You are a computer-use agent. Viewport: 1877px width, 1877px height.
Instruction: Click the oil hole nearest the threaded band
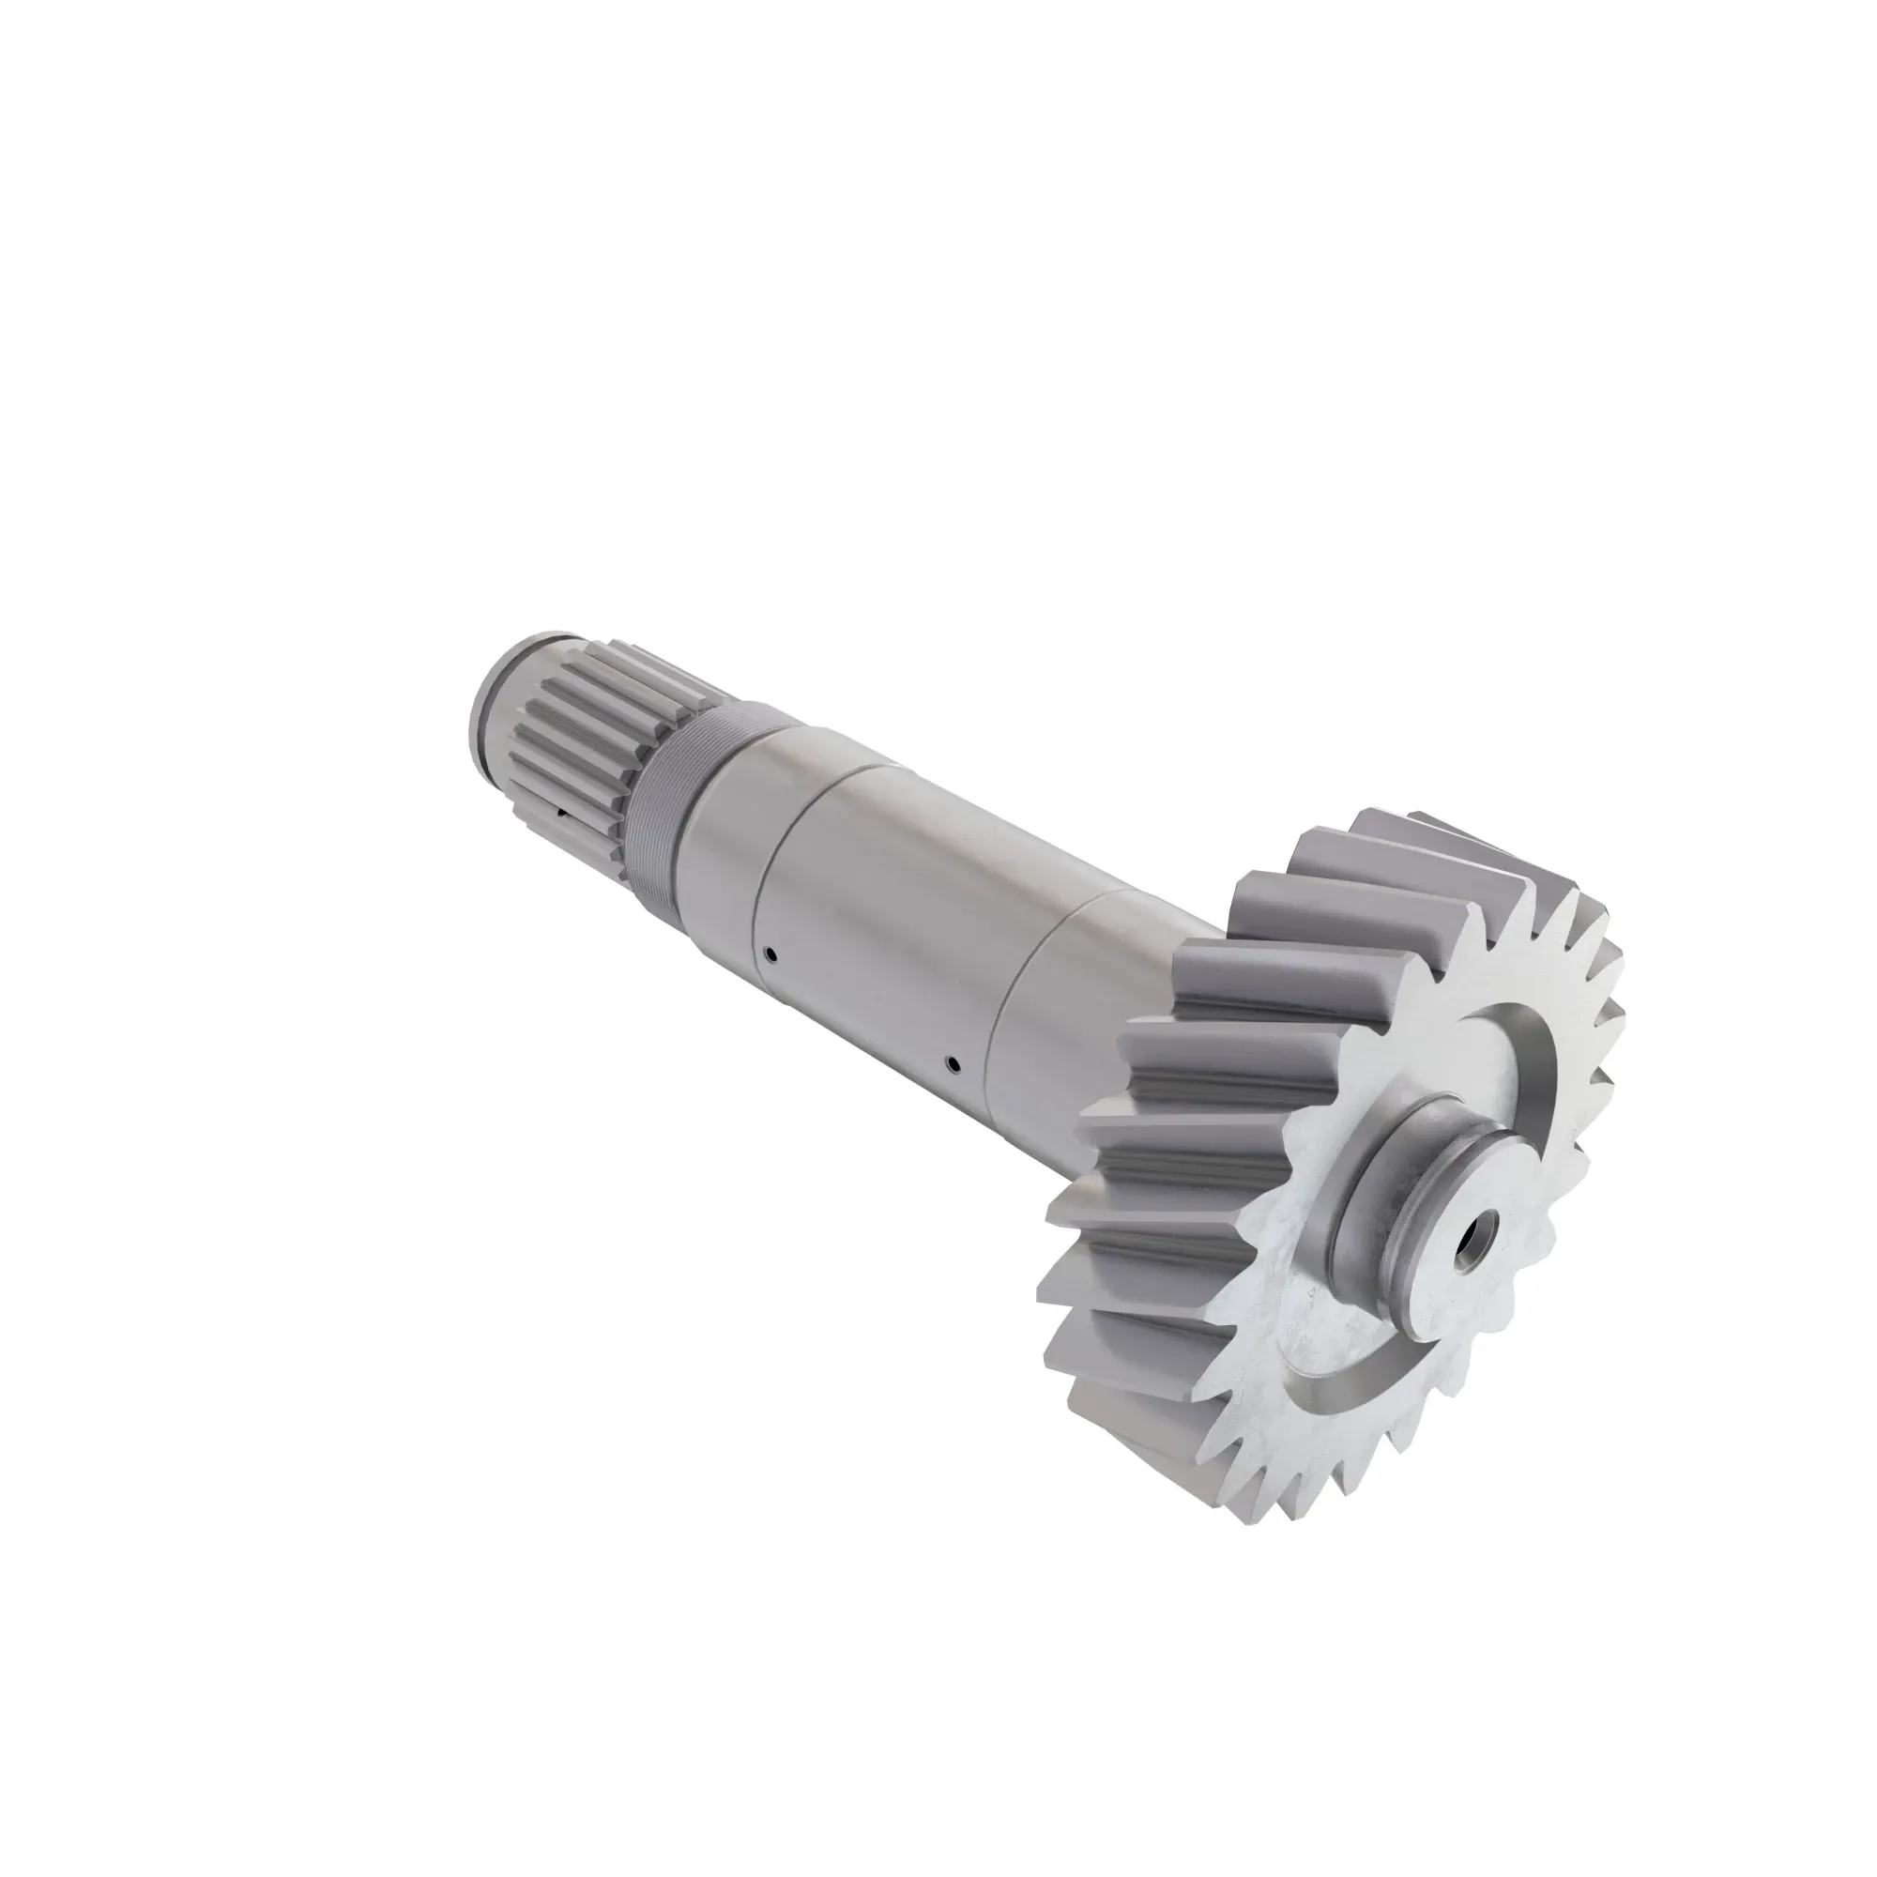(770, 954)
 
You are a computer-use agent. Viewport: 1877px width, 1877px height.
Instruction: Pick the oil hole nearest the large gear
(954, 1061)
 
